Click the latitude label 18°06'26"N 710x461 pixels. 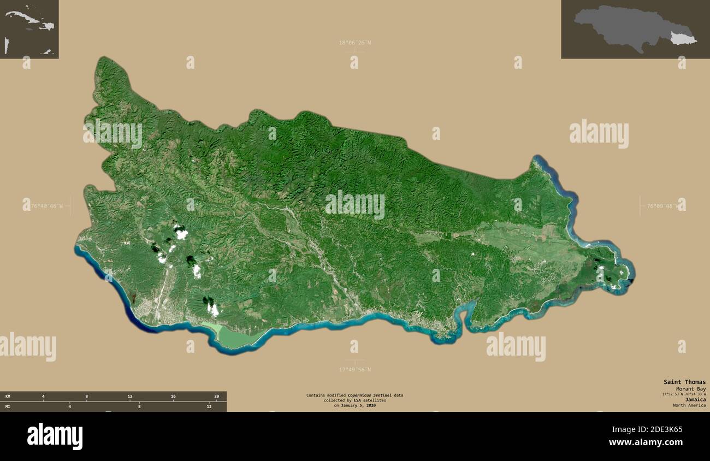pos(354,43)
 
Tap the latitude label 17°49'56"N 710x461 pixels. pos(354,369)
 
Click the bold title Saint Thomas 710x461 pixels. pos(684,382)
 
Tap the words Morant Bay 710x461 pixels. pos(690,388)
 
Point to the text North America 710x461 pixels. pos(689,405)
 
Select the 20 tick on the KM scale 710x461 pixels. pos(216,396)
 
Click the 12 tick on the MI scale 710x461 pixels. pos(209,406)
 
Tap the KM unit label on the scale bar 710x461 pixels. pos(8,396)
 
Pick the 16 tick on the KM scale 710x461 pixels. pos(173,396)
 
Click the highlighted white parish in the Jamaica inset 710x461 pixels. pos(682,38)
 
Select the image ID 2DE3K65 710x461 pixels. pos(662,429)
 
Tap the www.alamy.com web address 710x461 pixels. pos(645,442)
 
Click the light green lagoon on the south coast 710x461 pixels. pos(229,336)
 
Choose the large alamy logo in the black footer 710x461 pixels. pos(55,436)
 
